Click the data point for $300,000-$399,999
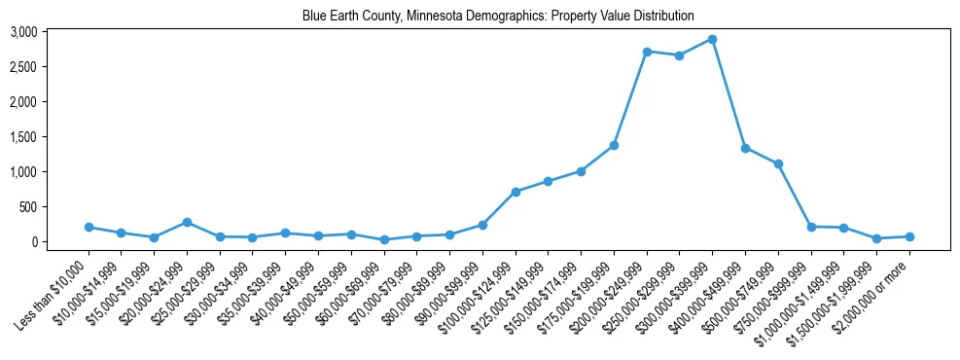click(712, 39)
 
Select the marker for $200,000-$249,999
click(647, 51)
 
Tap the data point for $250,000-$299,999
click(679, 55)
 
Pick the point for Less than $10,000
click(89, 227)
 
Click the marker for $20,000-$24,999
click(187, 222)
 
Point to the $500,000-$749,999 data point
click(778, 163)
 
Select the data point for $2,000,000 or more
click(909, 236)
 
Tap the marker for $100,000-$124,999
click(516, 192)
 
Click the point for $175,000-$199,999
click(614, 145)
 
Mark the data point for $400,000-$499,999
click(745, 148)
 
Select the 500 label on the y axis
click(28, 207)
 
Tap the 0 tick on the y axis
click(33, 242)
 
